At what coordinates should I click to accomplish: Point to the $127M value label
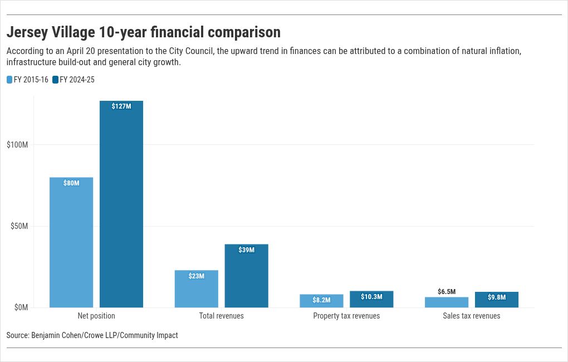pyautogui.click(x=121, y=106)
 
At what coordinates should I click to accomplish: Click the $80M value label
pyautogui.click(x=71, y=183)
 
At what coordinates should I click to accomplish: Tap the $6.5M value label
pyautogui.click(x=447, y=292)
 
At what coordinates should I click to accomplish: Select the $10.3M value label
pyautogui.click(x=371, y=297)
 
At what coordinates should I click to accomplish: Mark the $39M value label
pyautogui.click(x=246, y=250)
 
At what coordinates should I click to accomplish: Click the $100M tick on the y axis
pyautogui.click(x=17, y=145)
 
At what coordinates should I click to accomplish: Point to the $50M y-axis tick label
pyautogui.click(x=19, y=226)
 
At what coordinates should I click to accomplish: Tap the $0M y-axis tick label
pyautogui.click(x=21, y=307)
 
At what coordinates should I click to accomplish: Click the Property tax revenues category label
pyautogui.click(x=346, y=316)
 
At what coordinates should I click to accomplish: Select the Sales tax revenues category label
pyautogui.click(x=472, y=316)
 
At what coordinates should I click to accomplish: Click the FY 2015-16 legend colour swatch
pyautogui.click(x=9, y=80)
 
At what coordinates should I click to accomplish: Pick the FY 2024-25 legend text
pyautogui.click(x=77, y=80)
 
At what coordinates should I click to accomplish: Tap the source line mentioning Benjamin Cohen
pyautogui.click(x=92, y=335)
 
